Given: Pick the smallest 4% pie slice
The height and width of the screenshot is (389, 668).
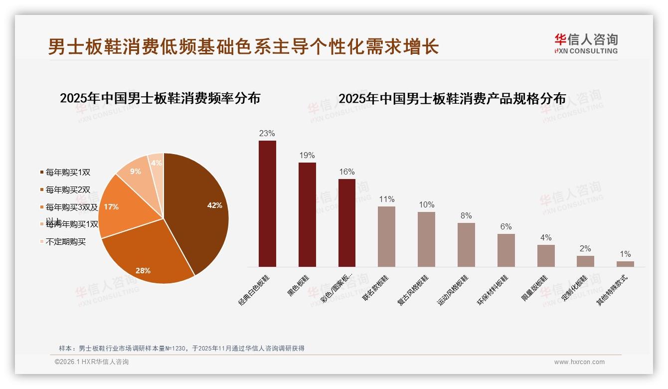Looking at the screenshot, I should (157, 163).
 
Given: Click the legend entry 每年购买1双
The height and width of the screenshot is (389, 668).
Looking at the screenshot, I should (68, 173).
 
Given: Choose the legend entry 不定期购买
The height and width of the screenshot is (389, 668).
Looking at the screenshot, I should (66, 242).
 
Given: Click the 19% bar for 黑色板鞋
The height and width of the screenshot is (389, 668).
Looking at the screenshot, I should (307, 214).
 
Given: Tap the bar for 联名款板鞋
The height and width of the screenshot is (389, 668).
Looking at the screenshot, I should (386, 236).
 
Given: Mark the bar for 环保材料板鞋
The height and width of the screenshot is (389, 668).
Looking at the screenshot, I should (506, 250).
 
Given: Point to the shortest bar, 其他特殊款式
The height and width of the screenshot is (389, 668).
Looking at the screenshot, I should (625, 264).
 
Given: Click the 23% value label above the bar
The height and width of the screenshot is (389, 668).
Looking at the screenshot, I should (267, 134).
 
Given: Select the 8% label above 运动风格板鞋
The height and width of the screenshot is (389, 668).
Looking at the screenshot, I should (466, 216).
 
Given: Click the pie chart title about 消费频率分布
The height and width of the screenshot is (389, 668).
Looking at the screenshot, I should (160, 98).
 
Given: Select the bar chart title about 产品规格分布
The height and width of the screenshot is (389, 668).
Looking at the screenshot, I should (452, 99).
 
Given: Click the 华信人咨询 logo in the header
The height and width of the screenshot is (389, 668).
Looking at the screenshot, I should (586, 43).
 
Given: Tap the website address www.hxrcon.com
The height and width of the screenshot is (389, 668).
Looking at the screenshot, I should (579, 362).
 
